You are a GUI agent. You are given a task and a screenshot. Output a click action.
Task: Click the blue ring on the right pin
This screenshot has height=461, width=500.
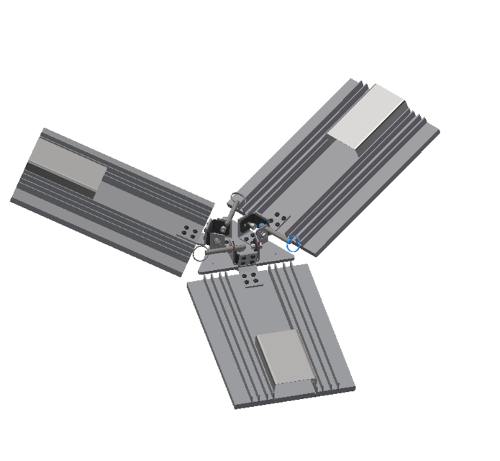click(x=292, y=243)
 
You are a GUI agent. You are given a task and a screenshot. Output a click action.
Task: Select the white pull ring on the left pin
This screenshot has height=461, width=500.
click(x=199, y=254)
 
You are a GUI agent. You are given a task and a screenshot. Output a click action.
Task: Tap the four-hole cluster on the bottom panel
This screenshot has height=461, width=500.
click(x=251, y=279)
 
